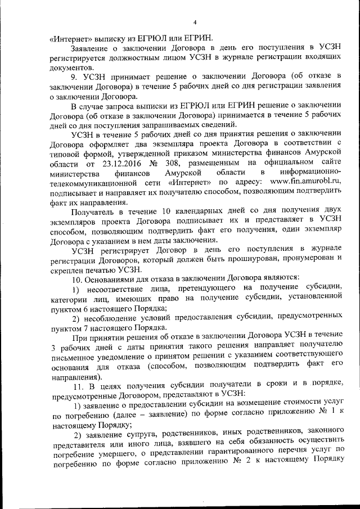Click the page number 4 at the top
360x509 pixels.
tap(195, 22)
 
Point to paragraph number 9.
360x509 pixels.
tap(74, 75)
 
